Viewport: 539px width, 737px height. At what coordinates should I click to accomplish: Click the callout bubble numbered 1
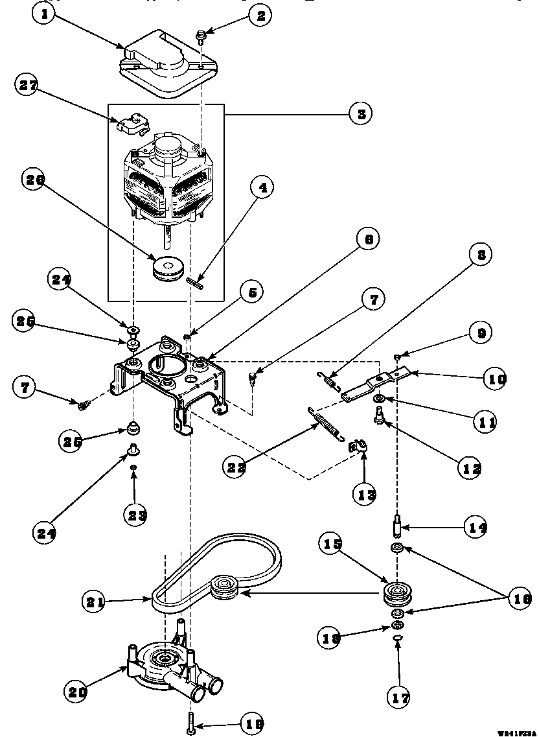click(45, 16)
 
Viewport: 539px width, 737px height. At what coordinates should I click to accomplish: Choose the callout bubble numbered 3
click(360, 113)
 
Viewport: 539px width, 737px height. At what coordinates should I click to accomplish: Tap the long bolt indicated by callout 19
click(191, 721)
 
